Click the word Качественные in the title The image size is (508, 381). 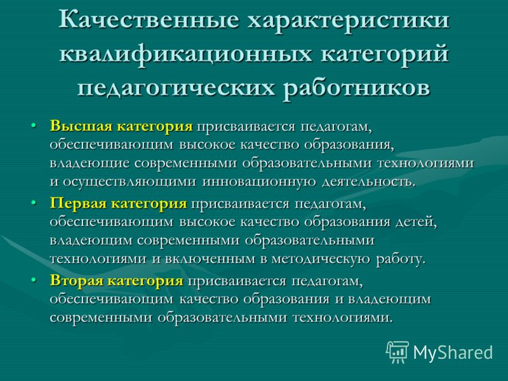coord(149,20)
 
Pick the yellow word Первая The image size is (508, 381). coord(78,203)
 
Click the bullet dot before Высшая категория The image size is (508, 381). coord(34,125)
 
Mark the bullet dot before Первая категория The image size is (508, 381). coord(34,203)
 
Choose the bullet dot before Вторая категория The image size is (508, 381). coord(34,280)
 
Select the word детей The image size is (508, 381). coord(417,222)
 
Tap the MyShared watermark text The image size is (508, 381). coord(453,352)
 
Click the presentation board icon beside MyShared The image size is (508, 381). coord(398,352)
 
